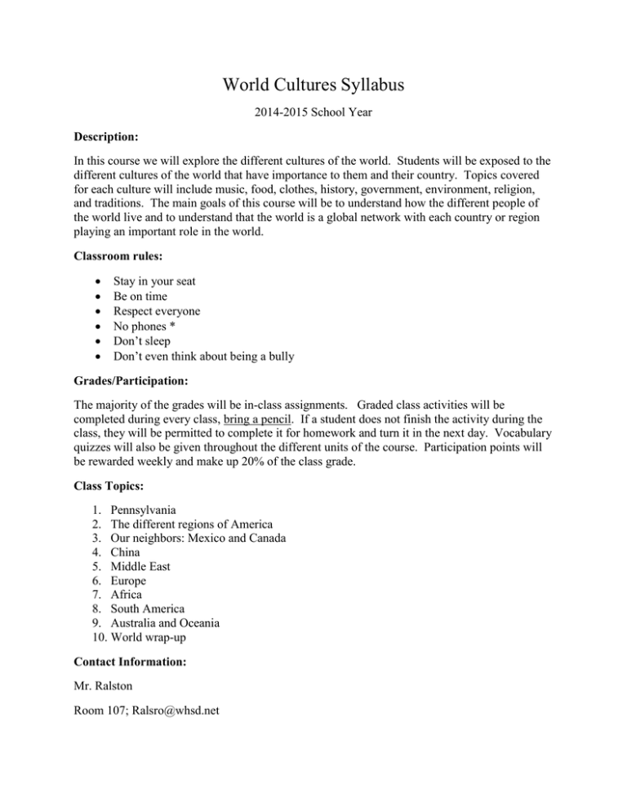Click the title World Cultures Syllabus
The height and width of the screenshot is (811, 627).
pyautogui.click(x=313, y=83)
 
